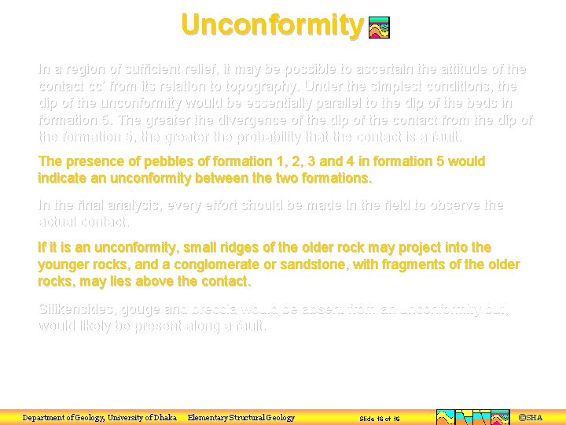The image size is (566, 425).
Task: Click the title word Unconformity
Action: pos(272,25)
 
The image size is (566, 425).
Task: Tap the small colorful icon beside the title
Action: pos(379,28)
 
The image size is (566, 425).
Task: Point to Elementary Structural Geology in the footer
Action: pos(241,417)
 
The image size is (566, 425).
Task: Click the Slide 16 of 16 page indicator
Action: pos(380,418)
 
